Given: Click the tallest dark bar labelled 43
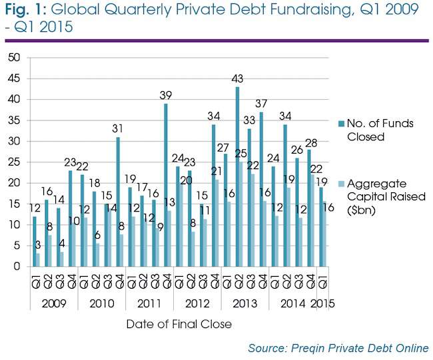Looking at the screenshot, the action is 238,176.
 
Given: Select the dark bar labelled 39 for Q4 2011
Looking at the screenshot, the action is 166,185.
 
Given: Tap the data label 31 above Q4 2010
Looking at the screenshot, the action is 118,128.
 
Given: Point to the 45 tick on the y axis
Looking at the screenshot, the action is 14,79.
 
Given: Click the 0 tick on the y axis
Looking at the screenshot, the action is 17,266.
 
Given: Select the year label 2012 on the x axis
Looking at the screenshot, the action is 197,303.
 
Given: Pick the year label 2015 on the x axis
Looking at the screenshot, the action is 322,303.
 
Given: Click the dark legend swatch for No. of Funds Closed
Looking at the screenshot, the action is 342,124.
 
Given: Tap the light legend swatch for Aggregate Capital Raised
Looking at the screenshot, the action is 342,184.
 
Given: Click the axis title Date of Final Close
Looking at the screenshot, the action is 179,324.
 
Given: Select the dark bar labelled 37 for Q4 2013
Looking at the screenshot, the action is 261,189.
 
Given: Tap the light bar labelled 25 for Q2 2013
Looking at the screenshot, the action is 241,214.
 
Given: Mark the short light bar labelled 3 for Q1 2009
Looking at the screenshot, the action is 38,260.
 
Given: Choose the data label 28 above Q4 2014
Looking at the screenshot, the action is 311,143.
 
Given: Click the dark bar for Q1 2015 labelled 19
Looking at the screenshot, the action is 321,227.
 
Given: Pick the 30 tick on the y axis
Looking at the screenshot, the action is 14,141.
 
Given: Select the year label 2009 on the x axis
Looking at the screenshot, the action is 54,303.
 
